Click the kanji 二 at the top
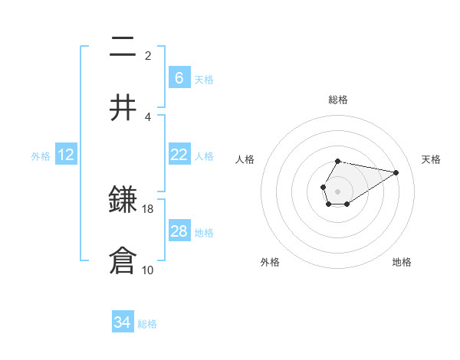coord(123,47)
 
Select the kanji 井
coord(123,107)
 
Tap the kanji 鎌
coord(123,201)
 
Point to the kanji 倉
coord(123,260)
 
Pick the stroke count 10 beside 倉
coord(148,270)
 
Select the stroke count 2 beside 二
coord(148,56)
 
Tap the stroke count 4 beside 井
coord(148,116)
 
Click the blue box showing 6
coord(179,78)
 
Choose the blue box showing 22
coord(179,155)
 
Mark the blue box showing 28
coord(179,231)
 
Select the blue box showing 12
coord(66,155)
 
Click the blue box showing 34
coord(123,322)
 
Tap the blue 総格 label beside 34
coord(147,324)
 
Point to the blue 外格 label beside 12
coord(41,156)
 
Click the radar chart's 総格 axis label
coord(337,100)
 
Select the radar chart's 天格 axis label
coord(431,159)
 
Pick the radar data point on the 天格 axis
coord(396,172)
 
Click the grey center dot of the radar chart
coord(337,190)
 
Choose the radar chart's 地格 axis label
coord(402,262)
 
